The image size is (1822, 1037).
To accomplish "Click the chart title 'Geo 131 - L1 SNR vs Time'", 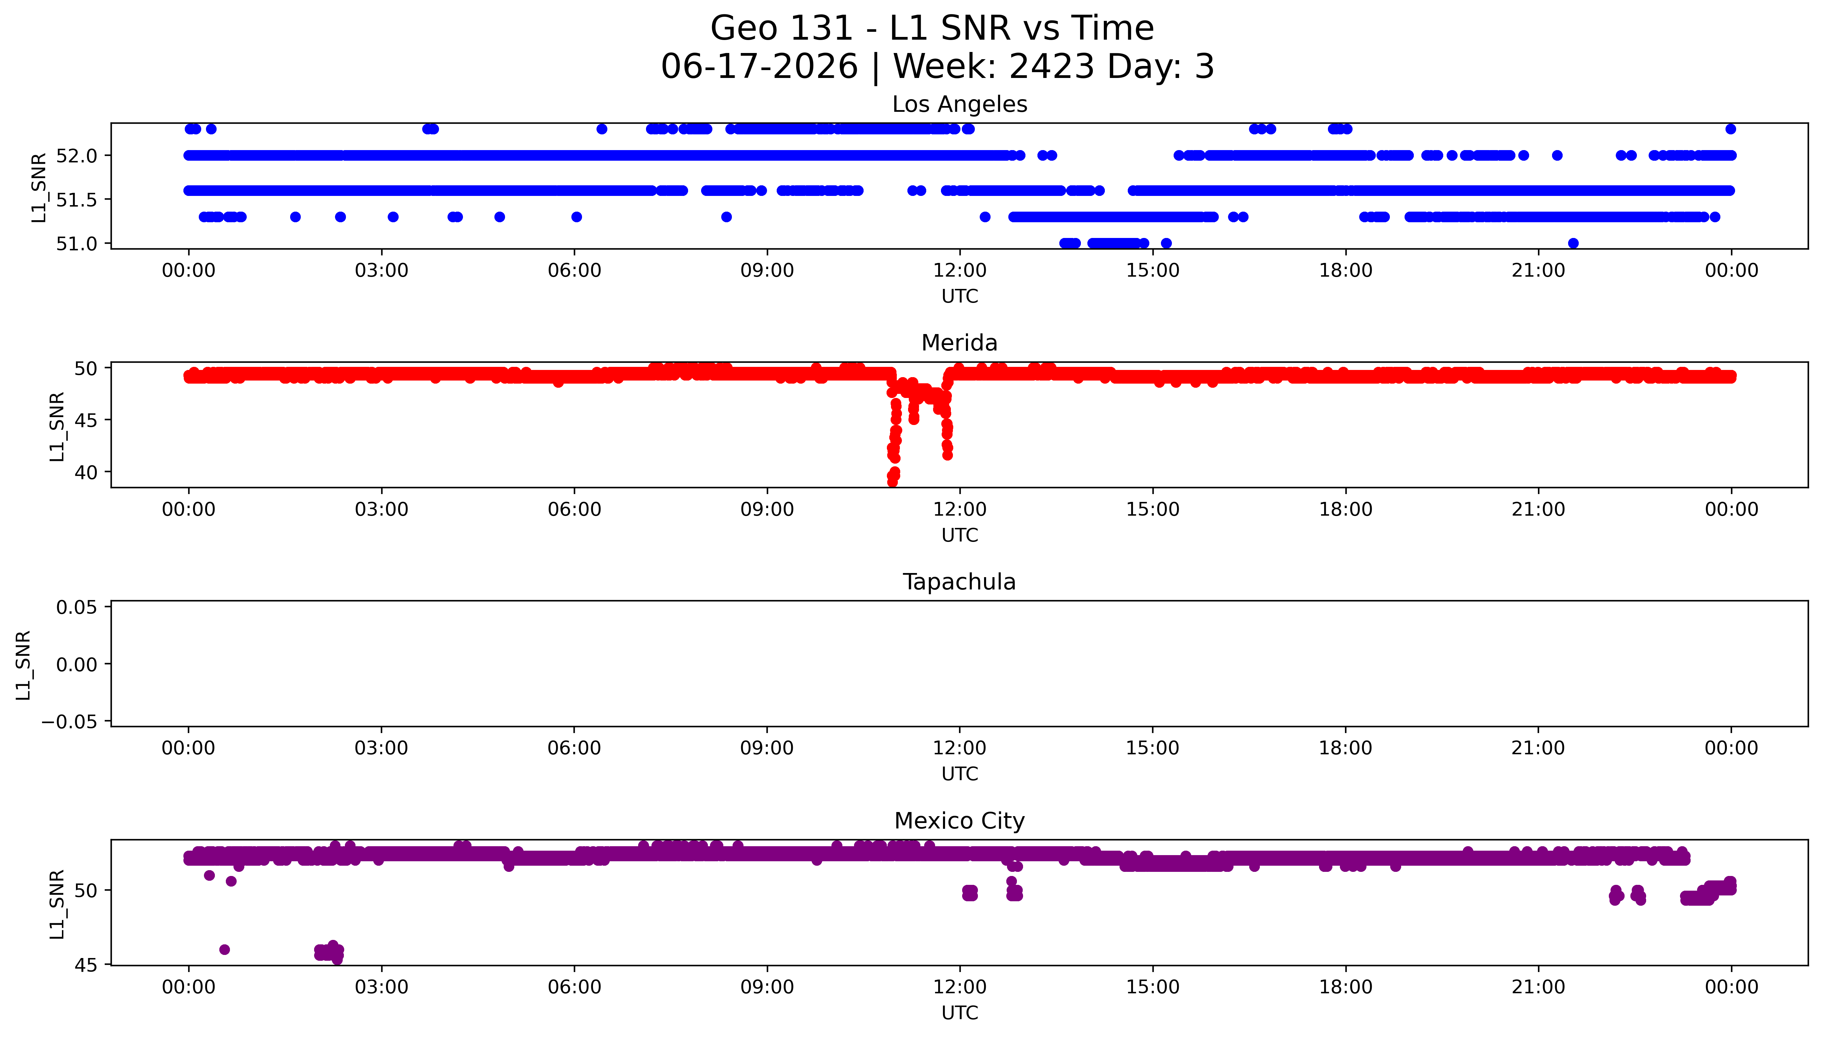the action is (932, 28).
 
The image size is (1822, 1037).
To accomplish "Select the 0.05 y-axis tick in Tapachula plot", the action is (77, 608).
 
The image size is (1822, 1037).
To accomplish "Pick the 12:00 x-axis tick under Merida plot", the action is (960, 509).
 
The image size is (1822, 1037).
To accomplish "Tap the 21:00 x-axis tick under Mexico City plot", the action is (1538, 987).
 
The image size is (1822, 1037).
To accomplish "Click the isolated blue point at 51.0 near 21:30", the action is (1573, 243).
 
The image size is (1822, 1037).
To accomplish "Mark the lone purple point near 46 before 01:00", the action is (224, 949).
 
